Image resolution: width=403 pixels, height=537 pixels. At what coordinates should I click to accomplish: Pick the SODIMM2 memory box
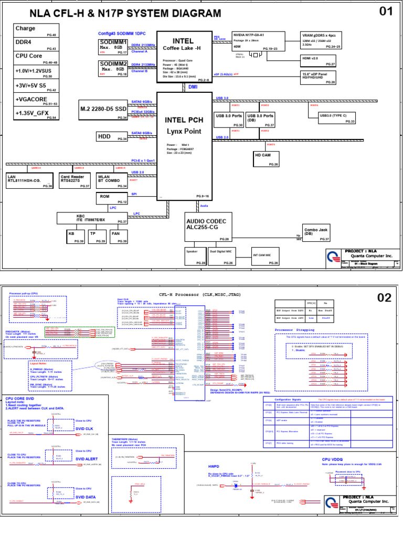click(113, 69)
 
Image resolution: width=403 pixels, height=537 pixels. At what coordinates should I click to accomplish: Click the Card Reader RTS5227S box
click(72, 180)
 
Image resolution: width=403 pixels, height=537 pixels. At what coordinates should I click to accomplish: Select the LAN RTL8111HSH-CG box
click(30, 180)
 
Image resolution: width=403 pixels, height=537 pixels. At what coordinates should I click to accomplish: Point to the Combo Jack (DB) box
click(319, 233)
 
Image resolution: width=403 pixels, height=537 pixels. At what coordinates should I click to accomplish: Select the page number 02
click(384, 297)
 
